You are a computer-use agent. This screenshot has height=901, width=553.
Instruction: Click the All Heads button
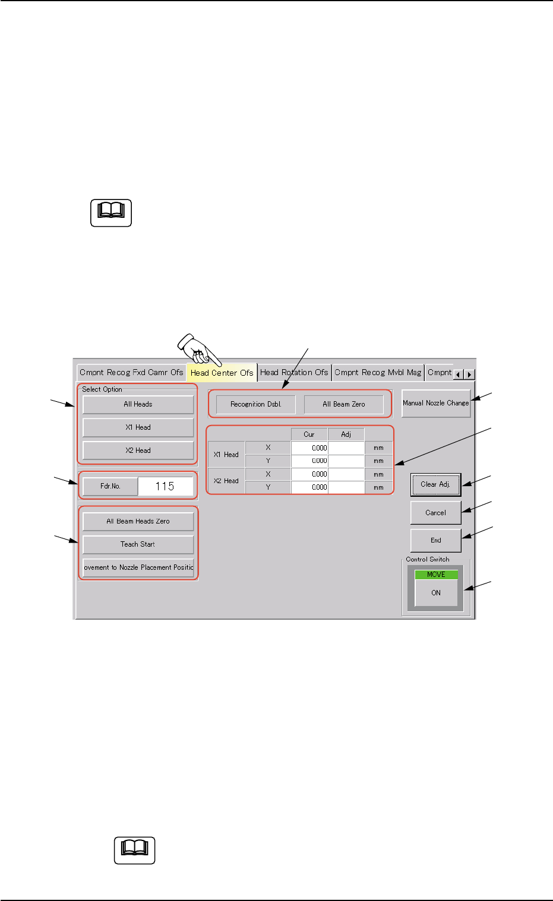coord(138,404)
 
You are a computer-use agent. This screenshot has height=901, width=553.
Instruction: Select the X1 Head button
coord(138,427)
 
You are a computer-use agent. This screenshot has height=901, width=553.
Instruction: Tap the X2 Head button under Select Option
coord(138,451)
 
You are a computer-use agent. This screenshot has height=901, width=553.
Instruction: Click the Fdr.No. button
coord(110,486)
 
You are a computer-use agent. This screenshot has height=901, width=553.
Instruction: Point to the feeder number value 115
coord(165,486)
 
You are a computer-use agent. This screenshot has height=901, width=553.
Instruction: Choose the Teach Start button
coord(138,544)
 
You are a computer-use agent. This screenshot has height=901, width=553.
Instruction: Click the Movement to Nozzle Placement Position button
coord(138,567)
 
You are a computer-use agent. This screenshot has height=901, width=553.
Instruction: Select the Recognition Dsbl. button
coord(255,404)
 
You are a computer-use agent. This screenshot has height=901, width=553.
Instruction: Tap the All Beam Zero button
coord(344,404)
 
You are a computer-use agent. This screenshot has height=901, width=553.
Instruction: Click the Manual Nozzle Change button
coord(435,403)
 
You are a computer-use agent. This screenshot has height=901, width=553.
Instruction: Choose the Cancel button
coord(435,513)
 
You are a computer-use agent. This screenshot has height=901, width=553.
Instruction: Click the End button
coord(435,541)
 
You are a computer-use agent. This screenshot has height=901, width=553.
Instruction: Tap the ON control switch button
coord(436,593)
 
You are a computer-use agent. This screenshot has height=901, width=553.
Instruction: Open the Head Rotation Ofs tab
coord(294,373)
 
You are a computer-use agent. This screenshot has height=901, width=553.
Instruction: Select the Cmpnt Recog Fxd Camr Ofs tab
coord(131,373)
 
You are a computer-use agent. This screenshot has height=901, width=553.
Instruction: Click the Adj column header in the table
coord(346,434)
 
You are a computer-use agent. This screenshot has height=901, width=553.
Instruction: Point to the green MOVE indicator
coord(436,575)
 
